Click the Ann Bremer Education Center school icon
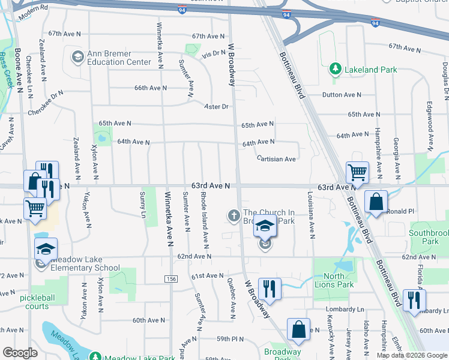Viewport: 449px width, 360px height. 77,57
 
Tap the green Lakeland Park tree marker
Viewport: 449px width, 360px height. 336,70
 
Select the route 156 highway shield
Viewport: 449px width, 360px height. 172,280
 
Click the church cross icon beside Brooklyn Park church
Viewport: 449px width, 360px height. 233,215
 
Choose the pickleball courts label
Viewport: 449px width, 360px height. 42,302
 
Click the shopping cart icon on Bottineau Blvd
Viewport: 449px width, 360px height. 357,172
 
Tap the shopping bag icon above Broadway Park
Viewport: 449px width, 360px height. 298,329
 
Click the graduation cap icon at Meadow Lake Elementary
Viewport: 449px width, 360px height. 46,249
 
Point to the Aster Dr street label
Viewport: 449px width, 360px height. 217,107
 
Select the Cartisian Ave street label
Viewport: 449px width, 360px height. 276,159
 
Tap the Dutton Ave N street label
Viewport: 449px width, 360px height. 342,95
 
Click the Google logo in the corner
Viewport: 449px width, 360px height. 20,353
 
